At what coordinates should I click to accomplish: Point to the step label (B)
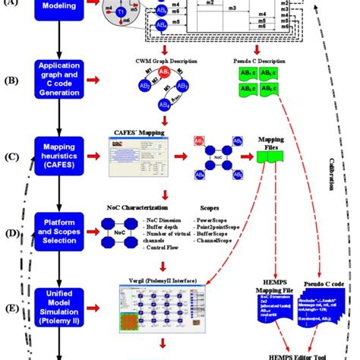point(11,78)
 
